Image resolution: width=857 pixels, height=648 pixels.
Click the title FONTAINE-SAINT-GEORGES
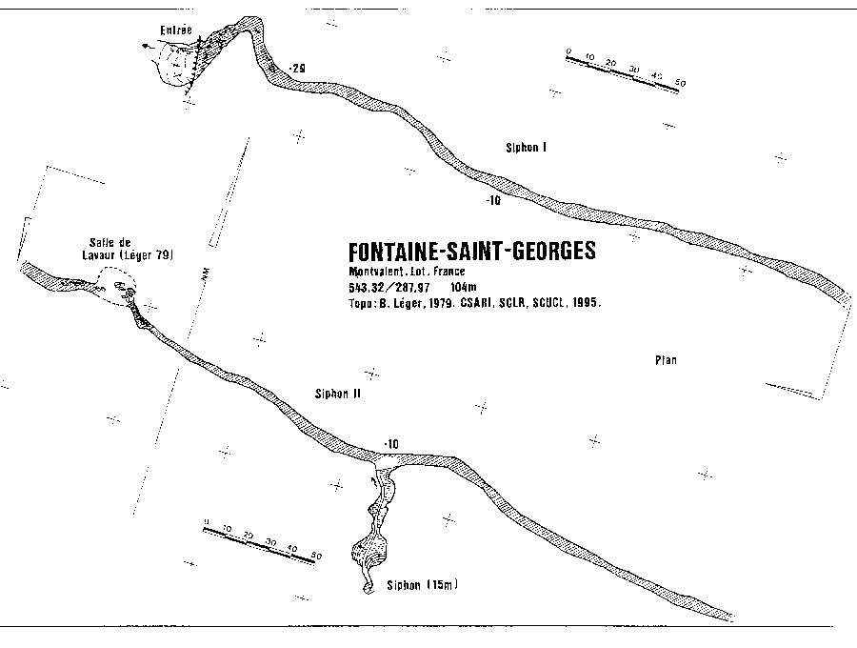(x=472, y=252)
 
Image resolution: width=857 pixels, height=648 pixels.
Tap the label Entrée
(x=175, y=30)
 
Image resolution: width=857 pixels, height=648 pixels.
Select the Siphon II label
(x=336, y=393)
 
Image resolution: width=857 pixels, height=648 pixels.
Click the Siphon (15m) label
(x=422, y=584)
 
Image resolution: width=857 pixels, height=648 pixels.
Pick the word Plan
(x=665, y=360)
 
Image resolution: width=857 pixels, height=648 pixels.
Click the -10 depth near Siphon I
(x=492, y=201)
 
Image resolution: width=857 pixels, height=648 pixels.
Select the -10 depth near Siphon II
(x=390, y=444)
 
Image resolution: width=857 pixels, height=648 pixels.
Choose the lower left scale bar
(x=264, y=540)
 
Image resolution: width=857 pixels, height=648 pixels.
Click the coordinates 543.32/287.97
(x=389, y=287)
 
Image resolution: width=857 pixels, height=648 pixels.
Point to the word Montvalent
(x=378, y=272)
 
